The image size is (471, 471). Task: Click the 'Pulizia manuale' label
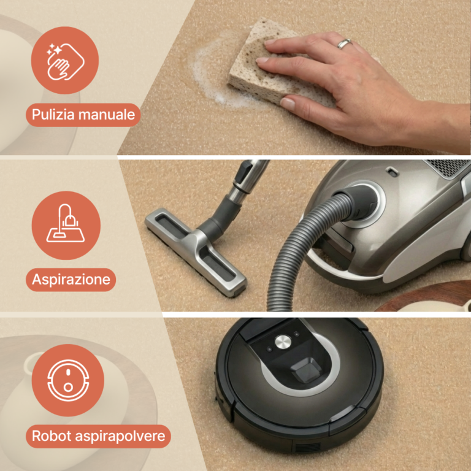coord(83,115)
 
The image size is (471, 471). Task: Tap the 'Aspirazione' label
coord(71,280)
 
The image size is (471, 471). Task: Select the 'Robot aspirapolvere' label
coord(98,437)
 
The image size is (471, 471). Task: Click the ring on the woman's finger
coord(345,44)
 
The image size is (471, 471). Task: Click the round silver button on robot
coord(283,342)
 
